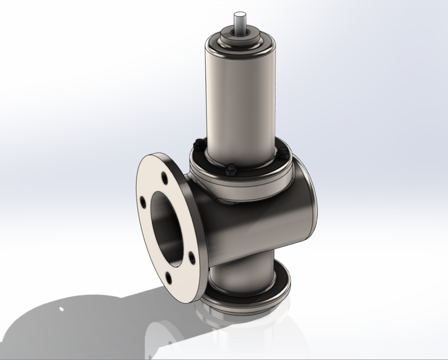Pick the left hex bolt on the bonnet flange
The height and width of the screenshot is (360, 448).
click(196, 142)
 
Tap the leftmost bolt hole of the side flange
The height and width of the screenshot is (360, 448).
click(144, 201)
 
